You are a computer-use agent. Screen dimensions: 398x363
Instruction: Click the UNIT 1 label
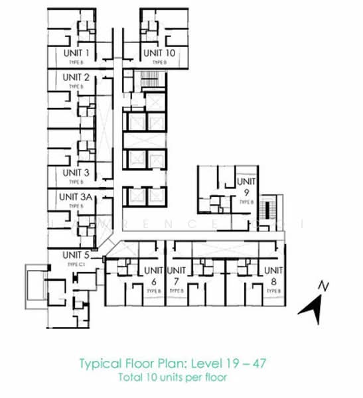coord(77,52)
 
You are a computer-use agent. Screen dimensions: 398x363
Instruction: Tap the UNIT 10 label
coord(161,52)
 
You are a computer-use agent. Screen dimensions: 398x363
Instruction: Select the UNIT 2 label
coord(77,77)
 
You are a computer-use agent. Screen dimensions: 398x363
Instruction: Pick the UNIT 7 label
coord(177,275)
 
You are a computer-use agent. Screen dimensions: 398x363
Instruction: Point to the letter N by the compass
coord(323,287)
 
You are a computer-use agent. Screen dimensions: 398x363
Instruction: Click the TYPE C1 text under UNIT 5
coord(74,263)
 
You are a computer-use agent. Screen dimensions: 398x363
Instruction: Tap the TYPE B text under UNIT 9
coord(246,202)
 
